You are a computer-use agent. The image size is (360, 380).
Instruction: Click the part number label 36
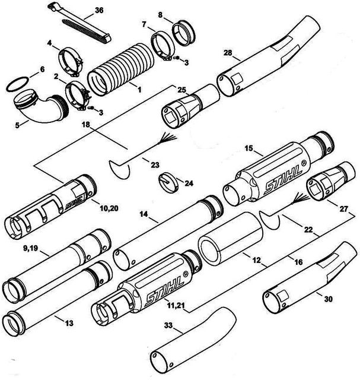click(x=99, y=11)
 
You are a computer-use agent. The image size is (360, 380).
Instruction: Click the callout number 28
click(x=228, y=53)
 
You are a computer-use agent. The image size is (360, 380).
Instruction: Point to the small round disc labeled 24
click(x=168, y=182)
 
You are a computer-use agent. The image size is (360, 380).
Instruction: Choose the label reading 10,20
click(x=109, y=208)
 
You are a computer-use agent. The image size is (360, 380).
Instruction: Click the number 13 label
click(x=69, y=323)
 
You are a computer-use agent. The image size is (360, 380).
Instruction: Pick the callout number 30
click(x=328, y=299)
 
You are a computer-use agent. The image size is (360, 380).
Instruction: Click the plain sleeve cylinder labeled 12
click(x=231, y=239)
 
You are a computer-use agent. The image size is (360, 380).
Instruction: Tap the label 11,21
click(x=176, y=306)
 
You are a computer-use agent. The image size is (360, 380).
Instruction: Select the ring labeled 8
click(x=183, y=32)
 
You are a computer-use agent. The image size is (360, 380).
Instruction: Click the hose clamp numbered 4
click(x=71, y=62)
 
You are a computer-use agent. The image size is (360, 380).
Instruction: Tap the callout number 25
click(x=182, y=90)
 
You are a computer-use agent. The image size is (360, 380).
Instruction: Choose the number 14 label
click(x=144, y=214)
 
